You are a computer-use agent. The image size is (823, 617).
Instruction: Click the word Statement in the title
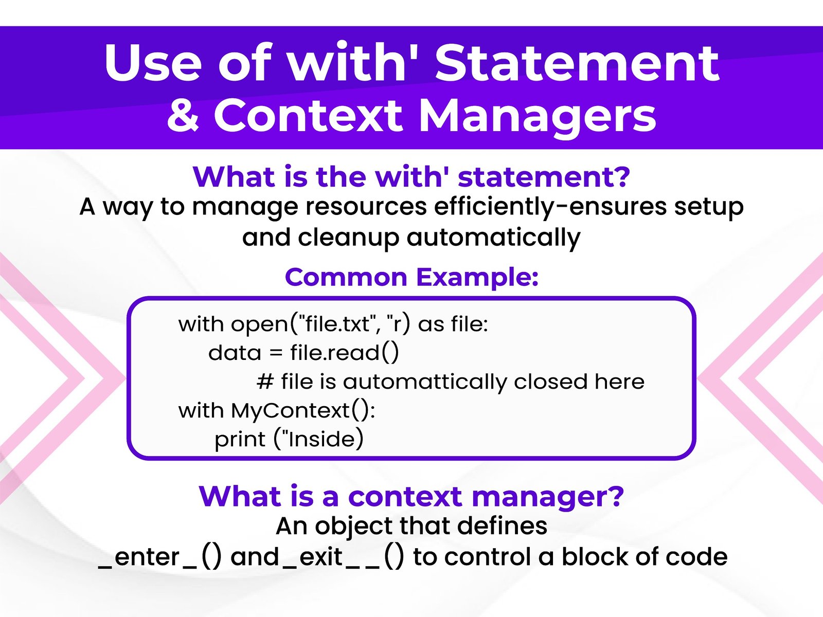click(577, 62)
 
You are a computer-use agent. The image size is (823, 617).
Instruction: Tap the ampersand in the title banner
click(183, 114)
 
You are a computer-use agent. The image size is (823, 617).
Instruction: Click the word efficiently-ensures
click(550, 207)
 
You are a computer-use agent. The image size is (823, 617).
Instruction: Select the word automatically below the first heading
click(493, 238)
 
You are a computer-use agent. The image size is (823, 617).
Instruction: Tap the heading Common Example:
click(411, 277)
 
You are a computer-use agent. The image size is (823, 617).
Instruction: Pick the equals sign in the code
click(276, 353)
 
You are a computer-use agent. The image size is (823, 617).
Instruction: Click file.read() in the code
click(345, 353)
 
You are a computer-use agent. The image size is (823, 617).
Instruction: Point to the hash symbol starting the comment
click(265, 382)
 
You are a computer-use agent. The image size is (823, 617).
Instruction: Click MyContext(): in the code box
click(302, 411)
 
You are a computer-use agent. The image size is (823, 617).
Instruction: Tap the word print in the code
click(240, 440)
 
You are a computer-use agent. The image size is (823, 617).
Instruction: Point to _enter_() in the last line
click(159, 557)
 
